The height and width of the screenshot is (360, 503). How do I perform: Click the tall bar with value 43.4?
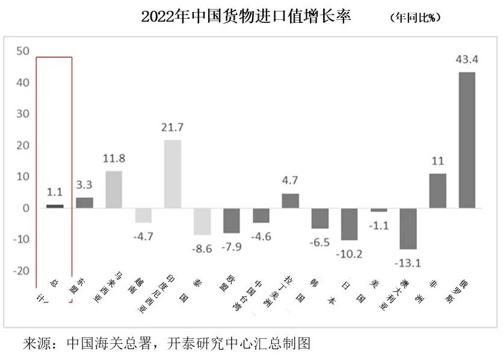coord(467,140)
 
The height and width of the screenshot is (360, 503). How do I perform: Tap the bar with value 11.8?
coord(114,190)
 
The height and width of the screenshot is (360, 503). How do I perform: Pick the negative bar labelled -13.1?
coord(408,229)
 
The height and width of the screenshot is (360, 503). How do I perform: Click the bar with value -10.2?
coord(349,224)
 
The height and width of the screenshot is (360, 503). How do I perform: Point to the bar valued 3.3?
coord(84,203)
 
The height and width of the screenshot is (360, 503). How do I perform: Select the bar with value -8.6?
coord(202,222)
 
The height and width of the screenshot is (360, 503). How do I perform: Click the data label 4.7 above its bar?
coord(291,180)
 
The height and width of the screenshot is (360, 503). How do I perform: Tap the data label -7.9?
coord(232,247)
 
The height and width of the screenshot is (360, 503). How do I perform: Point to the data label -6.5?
coord(320,243)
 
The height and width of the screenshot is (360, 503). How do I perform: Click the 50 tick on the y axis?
coord(23,52)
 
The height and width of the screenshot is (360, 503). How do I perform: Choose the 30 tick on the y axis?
coord(23,114)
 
